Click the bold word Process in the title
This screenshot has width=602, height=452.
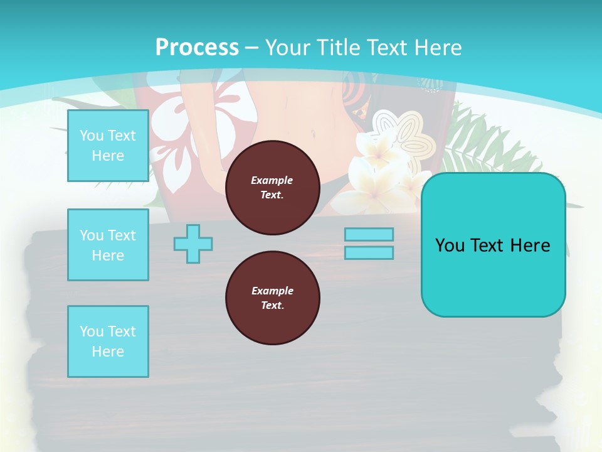[x=197, y=48]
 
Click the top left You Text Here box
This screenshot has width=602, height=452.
[x=108, y=146]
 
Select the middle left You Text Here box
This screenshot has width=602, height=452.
[x=108, y=245]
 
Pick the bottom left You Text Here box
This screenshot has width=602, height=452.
[x=108, y=342]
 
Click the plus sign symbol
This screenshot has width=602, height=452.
[x=193, y=244]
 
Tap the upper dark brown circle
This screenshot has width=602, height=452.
[x=272, y=188]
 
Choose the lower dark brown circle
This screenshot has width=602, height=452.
[x=272, y=298]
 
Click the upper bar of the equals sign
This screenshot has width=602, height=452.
[x=369, y=234]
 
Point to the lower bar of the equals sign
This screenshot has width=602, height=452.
[x=369, y=253]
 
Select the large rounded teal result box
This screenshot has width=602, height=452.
[x=493, y=245]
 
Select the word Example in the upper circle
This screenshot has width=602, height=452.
[x=272, y=180]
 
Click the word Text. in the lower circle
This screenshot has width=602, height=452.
[x=272, y=306]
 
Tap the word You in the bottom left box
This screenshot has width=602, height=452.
[x=92, y=331]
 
